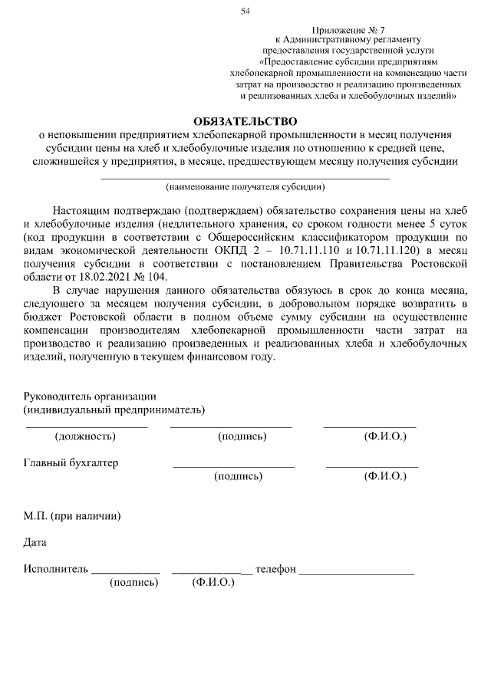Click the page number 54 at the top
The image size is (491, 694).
pos(245,10)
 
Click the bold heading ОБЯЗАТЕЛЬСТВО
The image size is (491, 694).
pos(245,121)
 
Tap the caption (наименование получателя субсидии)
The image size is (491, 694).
pos(245,186)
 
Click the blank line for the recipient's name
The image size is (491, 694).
pos(245,178)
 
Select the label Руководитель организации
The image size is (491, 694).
pos(90,396)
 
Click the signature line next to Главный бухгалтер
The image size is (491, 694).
pos(233,466)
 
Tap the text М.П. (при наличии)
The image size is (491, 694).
pos(72,515)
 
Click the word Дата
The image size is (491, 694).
pos(35,543)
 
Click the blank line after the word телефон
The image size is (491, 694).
pos(357,573)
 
